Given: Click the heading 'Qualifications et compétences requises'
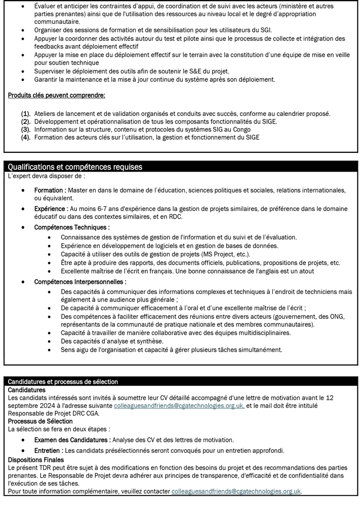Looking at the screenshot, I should coord(75,167).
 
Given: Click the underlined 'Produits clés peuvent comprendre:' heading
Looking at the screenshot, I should coord(57,95).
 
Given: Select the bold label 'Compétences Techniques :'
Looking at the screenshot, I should coord(72,228).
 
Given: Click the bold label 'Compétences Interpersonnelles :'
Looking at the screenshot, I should coord(80,281).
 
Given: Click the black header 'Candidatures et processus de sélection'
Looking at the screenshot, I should coord(63,382).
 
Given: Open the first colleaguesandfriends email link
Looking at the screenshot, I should coord(179,406).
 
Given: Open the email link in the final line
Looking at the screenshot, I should coord(236,491).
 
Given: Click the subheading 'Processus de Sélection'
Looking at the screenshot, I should coord(41,421).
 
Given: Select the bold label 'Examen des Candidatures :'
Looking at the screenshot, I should coord(72,439).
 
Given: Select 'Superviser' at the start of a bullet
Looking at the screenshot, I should coord(51,70).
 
